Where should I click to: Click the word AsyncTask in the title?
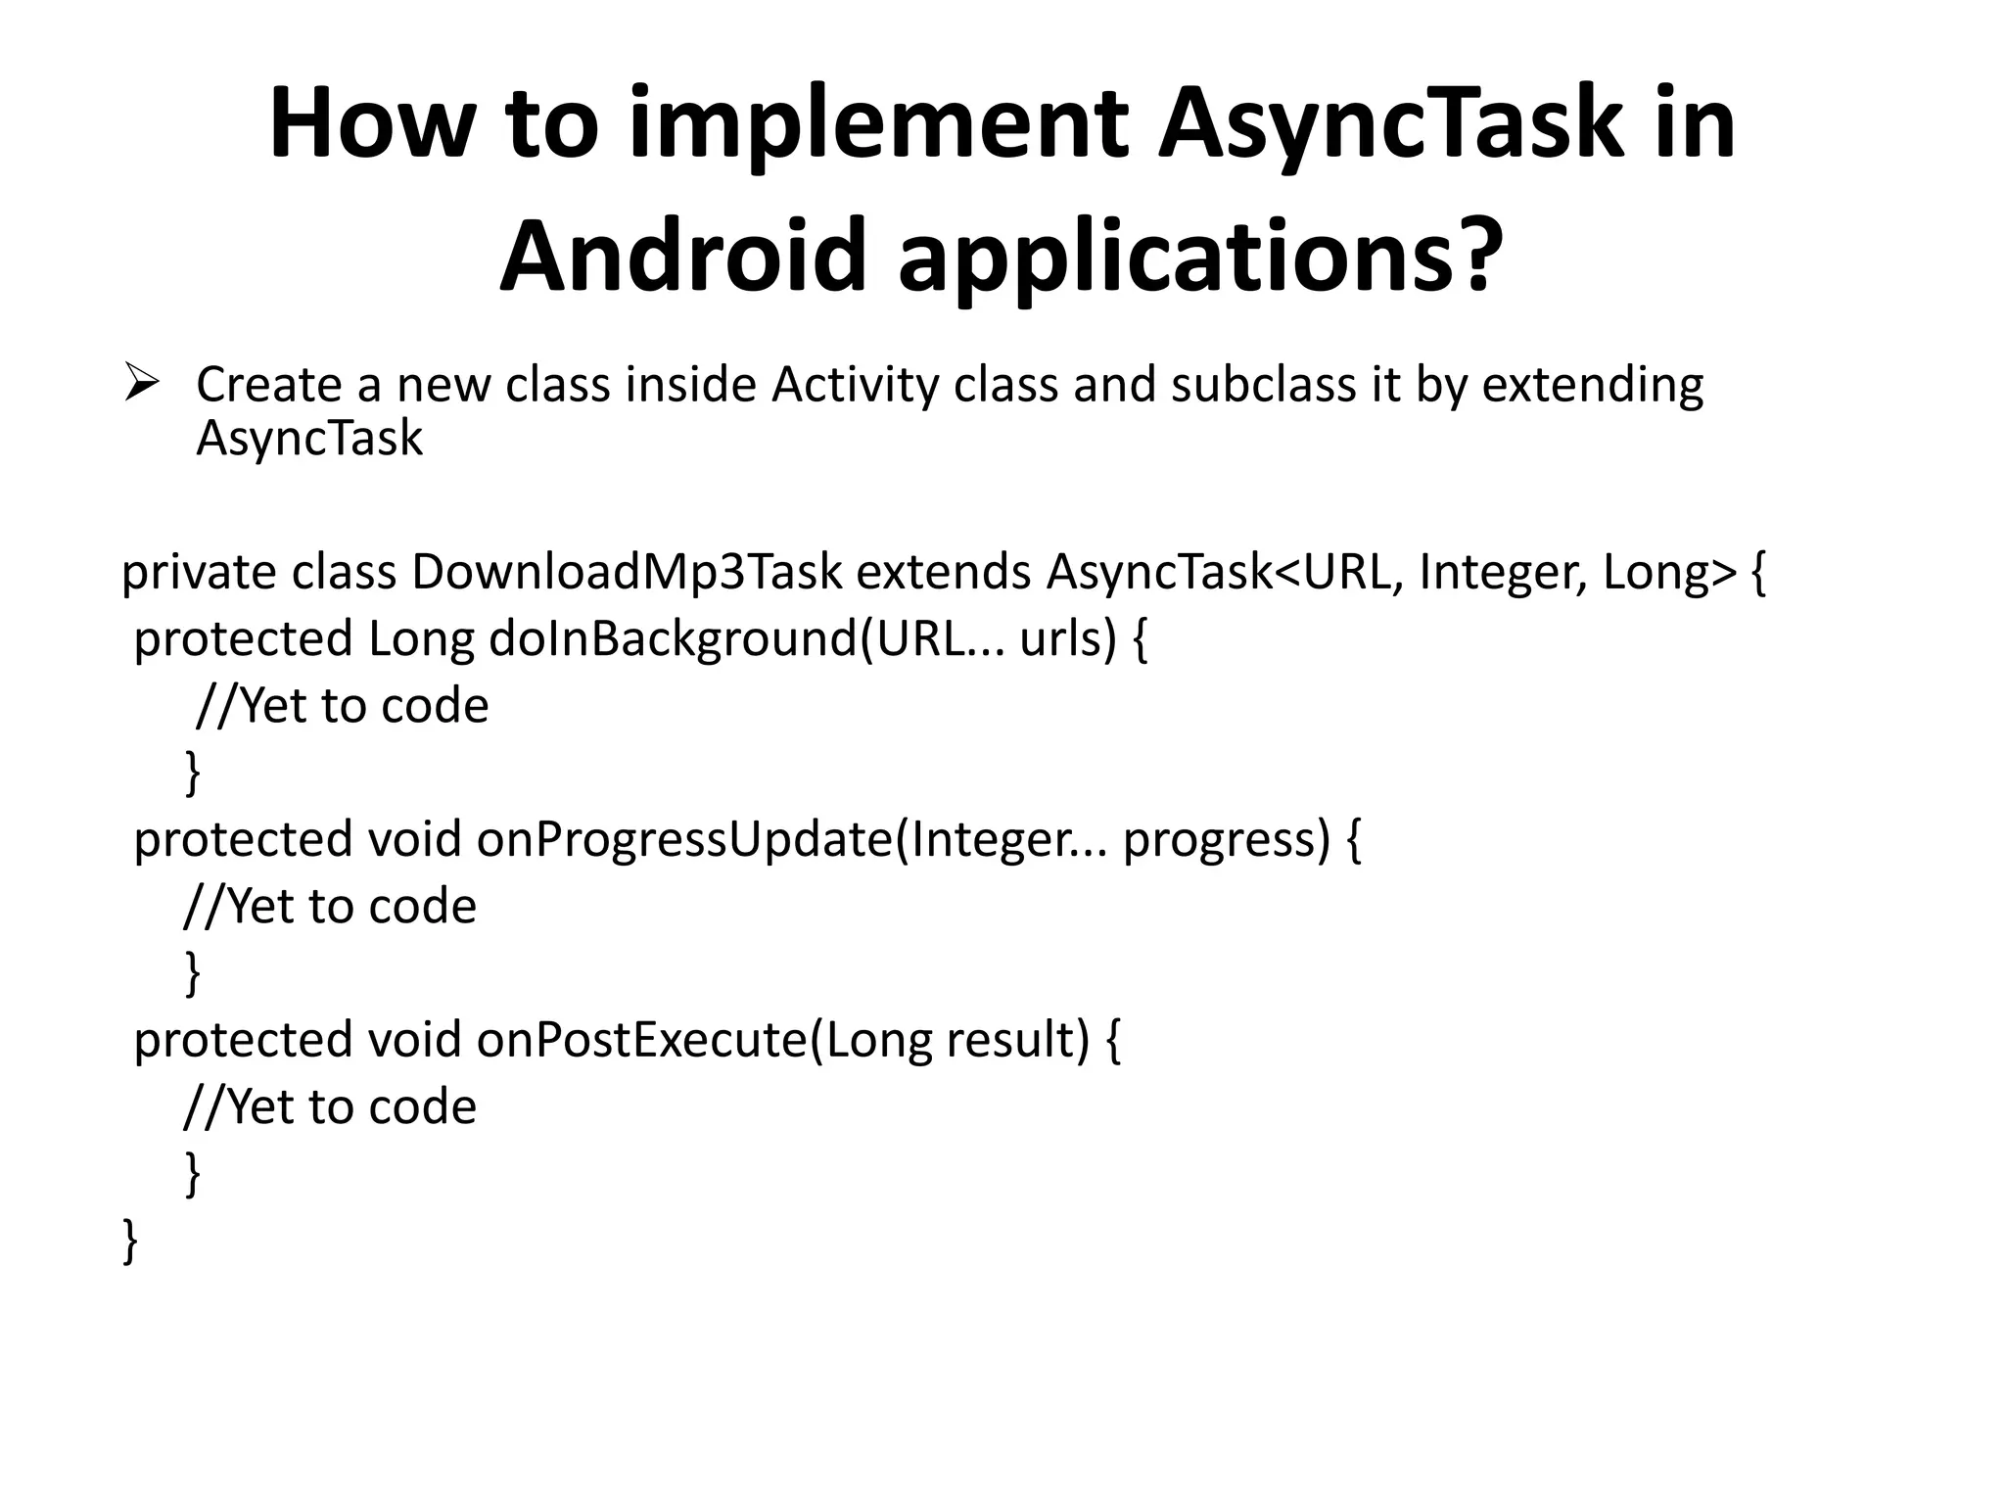point(1390,124)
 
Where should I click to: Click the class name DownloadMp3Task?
point(627,572)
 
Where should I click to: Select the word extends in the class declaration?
point(944,572)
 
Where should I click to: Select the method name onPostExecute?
point(642,1040)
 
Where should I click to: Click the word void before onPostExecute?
point(414,1040)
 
